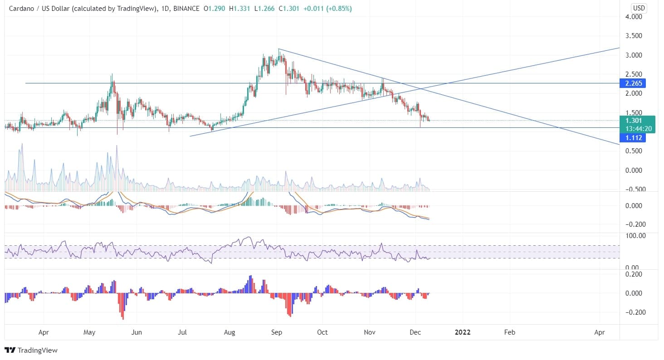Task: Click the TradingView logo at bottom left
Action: coord(31,350)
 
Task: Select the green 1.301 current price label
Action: coord(634,121)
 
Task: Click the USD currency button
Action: coord(639,8)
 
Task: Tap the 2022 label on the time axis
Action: coord(463,332)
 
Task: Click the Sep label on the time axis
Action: coord(277,332)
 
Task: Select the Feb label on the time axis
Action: coord(510,332)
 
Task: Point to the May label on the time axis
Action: coord(90,332)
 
